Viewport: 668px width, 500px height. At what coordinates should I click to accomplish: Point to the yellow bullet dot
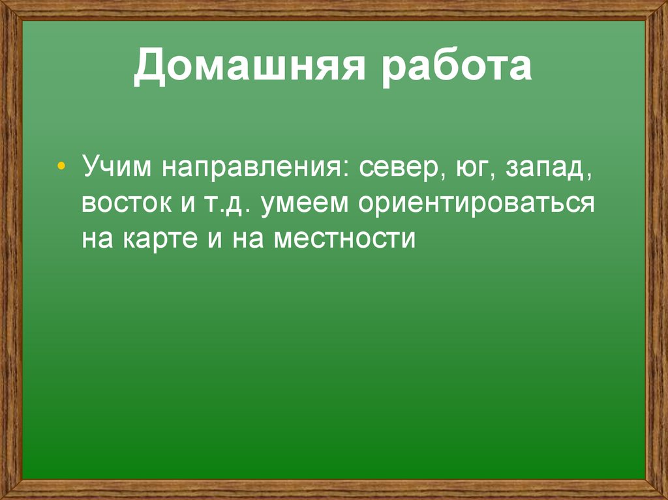pos(61,166)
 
